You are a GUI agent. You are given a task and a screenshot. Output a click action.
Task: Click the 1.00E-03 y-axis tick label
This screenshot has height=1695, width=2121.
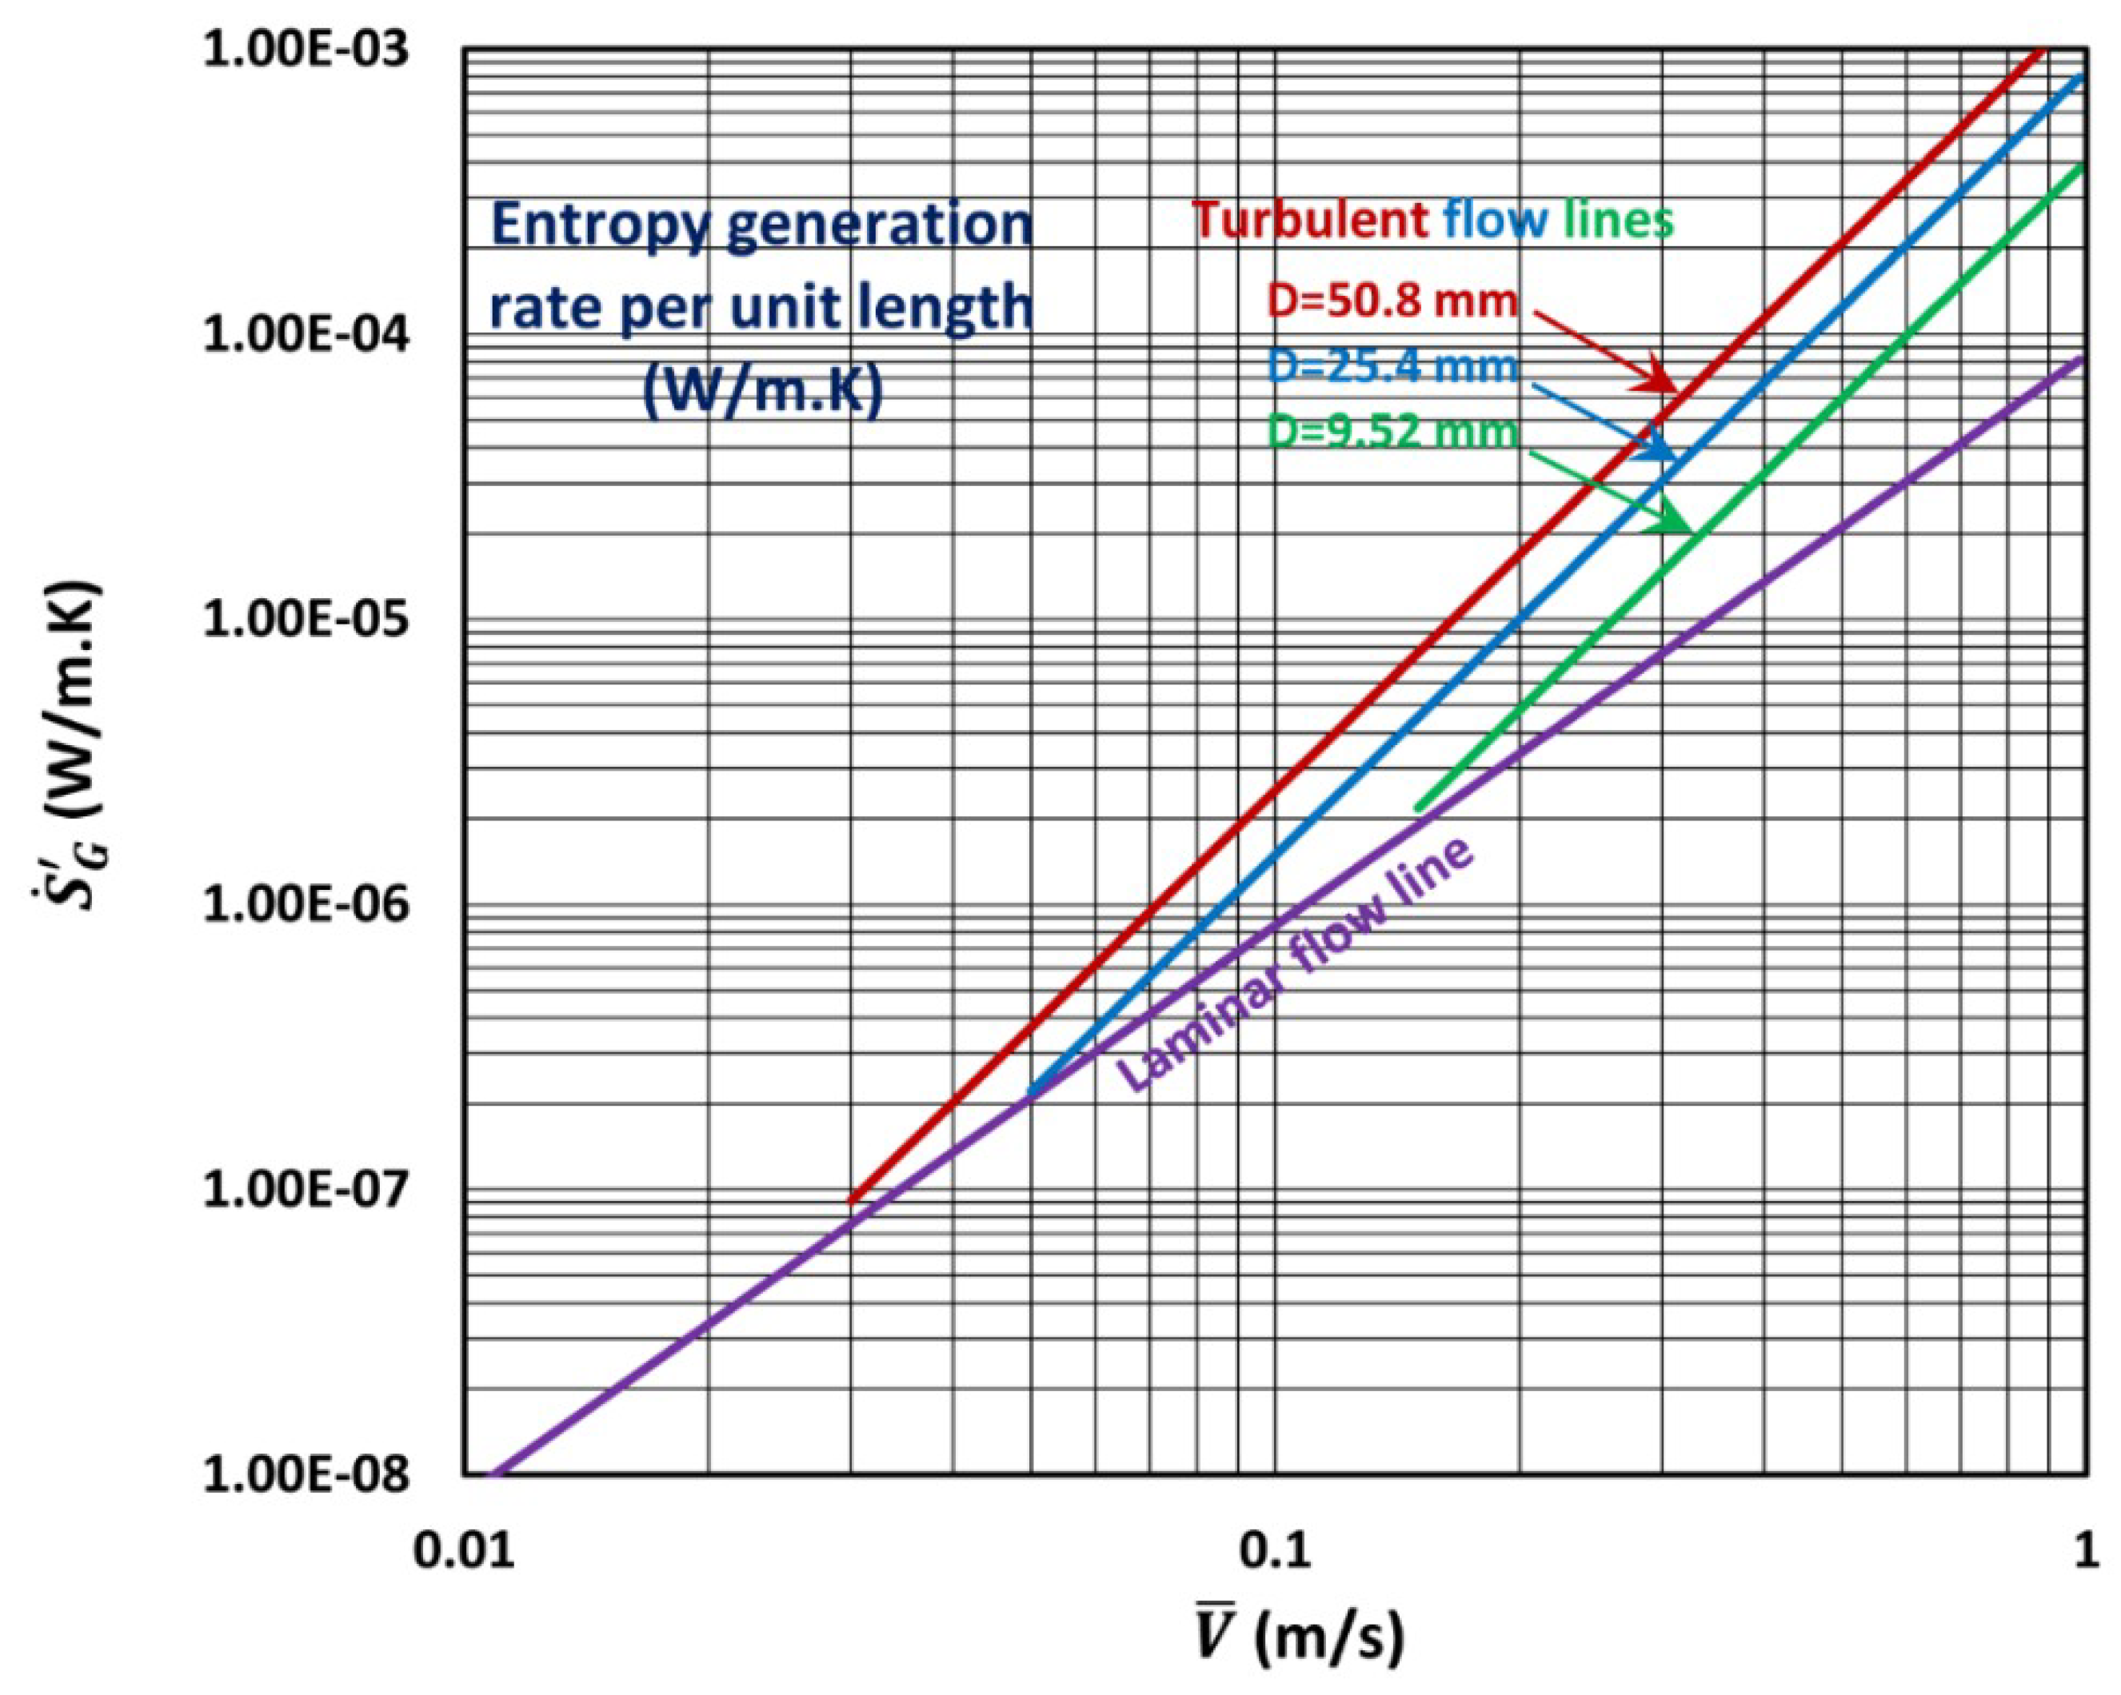click(x=305, y=50)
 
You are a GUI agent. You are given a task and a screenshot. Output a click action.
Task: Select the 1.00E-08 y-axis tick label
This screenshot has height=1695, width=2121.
click(x=305, y=1476)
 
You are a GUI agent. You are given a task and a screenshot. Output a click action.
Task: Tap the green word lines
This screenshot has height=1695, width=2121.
click(x=1618, y=219)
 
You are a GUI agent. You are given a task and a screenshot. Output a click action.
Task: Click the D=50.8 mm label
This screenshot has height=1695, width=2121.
click(x=1392, y=300)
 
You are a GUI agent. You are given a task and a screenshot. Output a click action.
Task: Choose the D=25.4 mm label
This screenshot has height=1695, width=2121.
click(x=1392, y=367)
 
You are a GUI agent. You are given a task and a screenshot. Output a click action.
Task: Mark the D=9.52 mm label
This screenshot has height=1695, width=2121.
click(x=1392, y=431)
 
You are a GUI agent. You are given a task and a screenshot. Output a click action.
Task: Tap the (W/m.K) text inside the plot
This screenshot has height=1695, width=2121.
click(x=762, y=392)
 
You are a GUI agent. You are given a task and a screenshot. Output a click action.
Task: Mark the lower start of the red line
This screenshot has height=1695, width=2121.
click(x=852, y=1199)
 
